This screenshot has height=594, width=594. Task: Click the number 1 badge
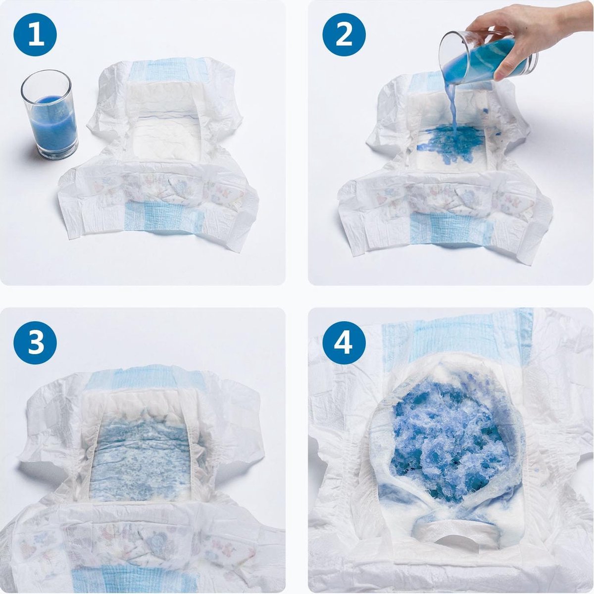[35, 35]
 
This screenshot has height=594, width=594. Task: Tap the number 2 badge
[344, 35]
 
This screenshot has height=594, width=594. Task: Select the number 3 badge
[35, 343]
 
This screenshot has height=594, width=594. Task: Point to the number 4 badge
[344, 343]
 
